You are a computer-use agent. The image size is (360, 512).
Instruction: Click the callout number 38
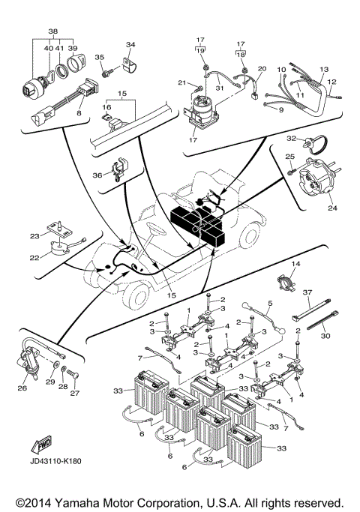click(52, 32)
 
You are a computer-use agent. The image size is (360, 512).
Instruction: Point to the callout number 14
click(295, 265)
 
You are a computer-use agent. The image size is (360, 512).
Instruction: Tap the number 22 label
click(34, 259)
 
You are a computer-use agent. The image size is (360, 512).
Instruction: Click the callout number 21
click(181, 82)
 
